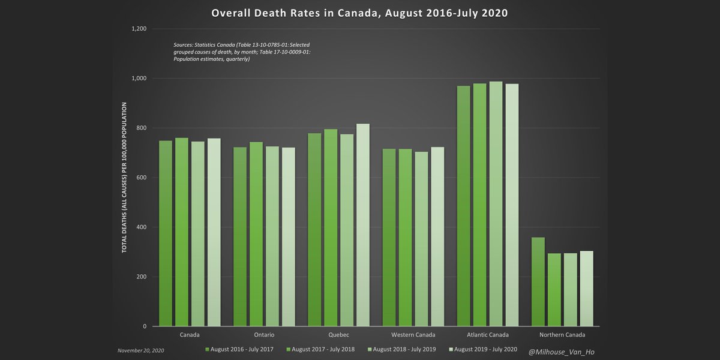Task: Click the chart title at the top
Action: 359,13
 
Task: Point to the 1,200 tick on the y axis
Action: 139,29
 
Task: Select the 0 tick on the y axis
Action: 145,326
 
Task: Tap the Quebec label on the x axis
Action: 339,335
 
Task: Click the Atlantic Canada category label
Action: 488,335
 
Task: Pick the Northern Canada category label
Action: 562,335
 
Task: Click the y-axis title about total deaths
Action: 125,178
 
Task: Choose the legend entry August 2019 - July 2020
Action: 483,349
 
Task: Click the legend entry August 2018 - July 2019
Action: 402,349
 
